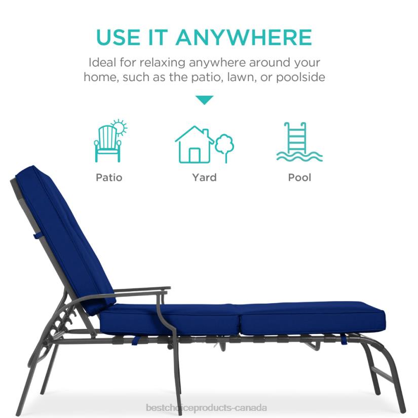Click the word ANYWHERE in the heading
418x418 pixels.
(x=244, y=37)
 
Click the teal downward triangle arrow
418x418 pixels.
(x=204, y=100)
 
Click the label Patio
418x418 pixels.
(x=109, y=177)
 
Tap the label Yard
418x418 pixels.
(x=204, y=177)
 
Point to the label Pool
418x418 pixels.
(x=299, y=177)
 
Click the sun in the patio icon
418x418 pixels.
(x=119, y=127)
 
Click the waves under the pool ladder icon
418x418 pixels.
(x=299, y=156)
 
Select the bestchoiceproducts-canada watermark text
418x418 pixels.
(x=206, y=407)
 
